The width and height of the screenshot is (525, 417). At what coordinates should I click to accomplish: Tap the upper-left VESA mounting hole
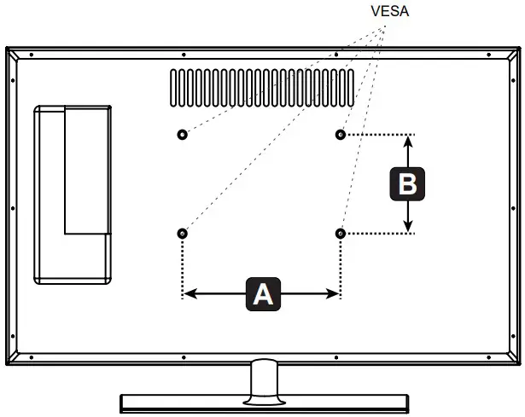coord(182,135)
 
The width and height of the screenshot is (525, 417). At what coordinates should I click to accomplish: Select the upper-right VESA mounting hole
coord(341,135)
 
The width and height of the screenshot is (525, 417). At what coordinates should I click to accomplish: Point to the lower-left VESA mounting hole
coord(182,234)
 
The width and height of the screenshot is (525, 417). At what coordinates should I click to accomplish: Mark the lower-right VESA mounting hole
coord(341,234)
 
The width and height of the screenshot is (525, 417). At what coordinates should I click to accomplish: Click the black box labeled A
coord(262,294)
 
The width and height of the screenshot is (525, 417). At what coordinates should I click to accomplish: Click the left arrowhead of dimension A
coord(190,294)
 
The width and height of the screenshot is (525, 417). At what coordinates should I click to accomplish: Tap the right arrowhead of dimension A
coord(334,294)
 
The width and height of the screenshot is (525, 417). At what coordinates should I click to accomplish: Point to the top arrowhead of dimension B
coord(408,142)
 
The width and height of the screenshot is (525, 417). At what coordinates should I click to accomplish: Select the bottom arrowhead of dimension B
coord(408,226)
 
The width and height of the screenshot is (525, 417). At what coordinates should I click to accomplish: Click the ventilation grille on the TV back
coord(261,89)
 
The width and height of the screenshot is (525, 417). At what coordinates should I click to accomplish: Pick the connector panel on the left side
coord(73,194)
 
